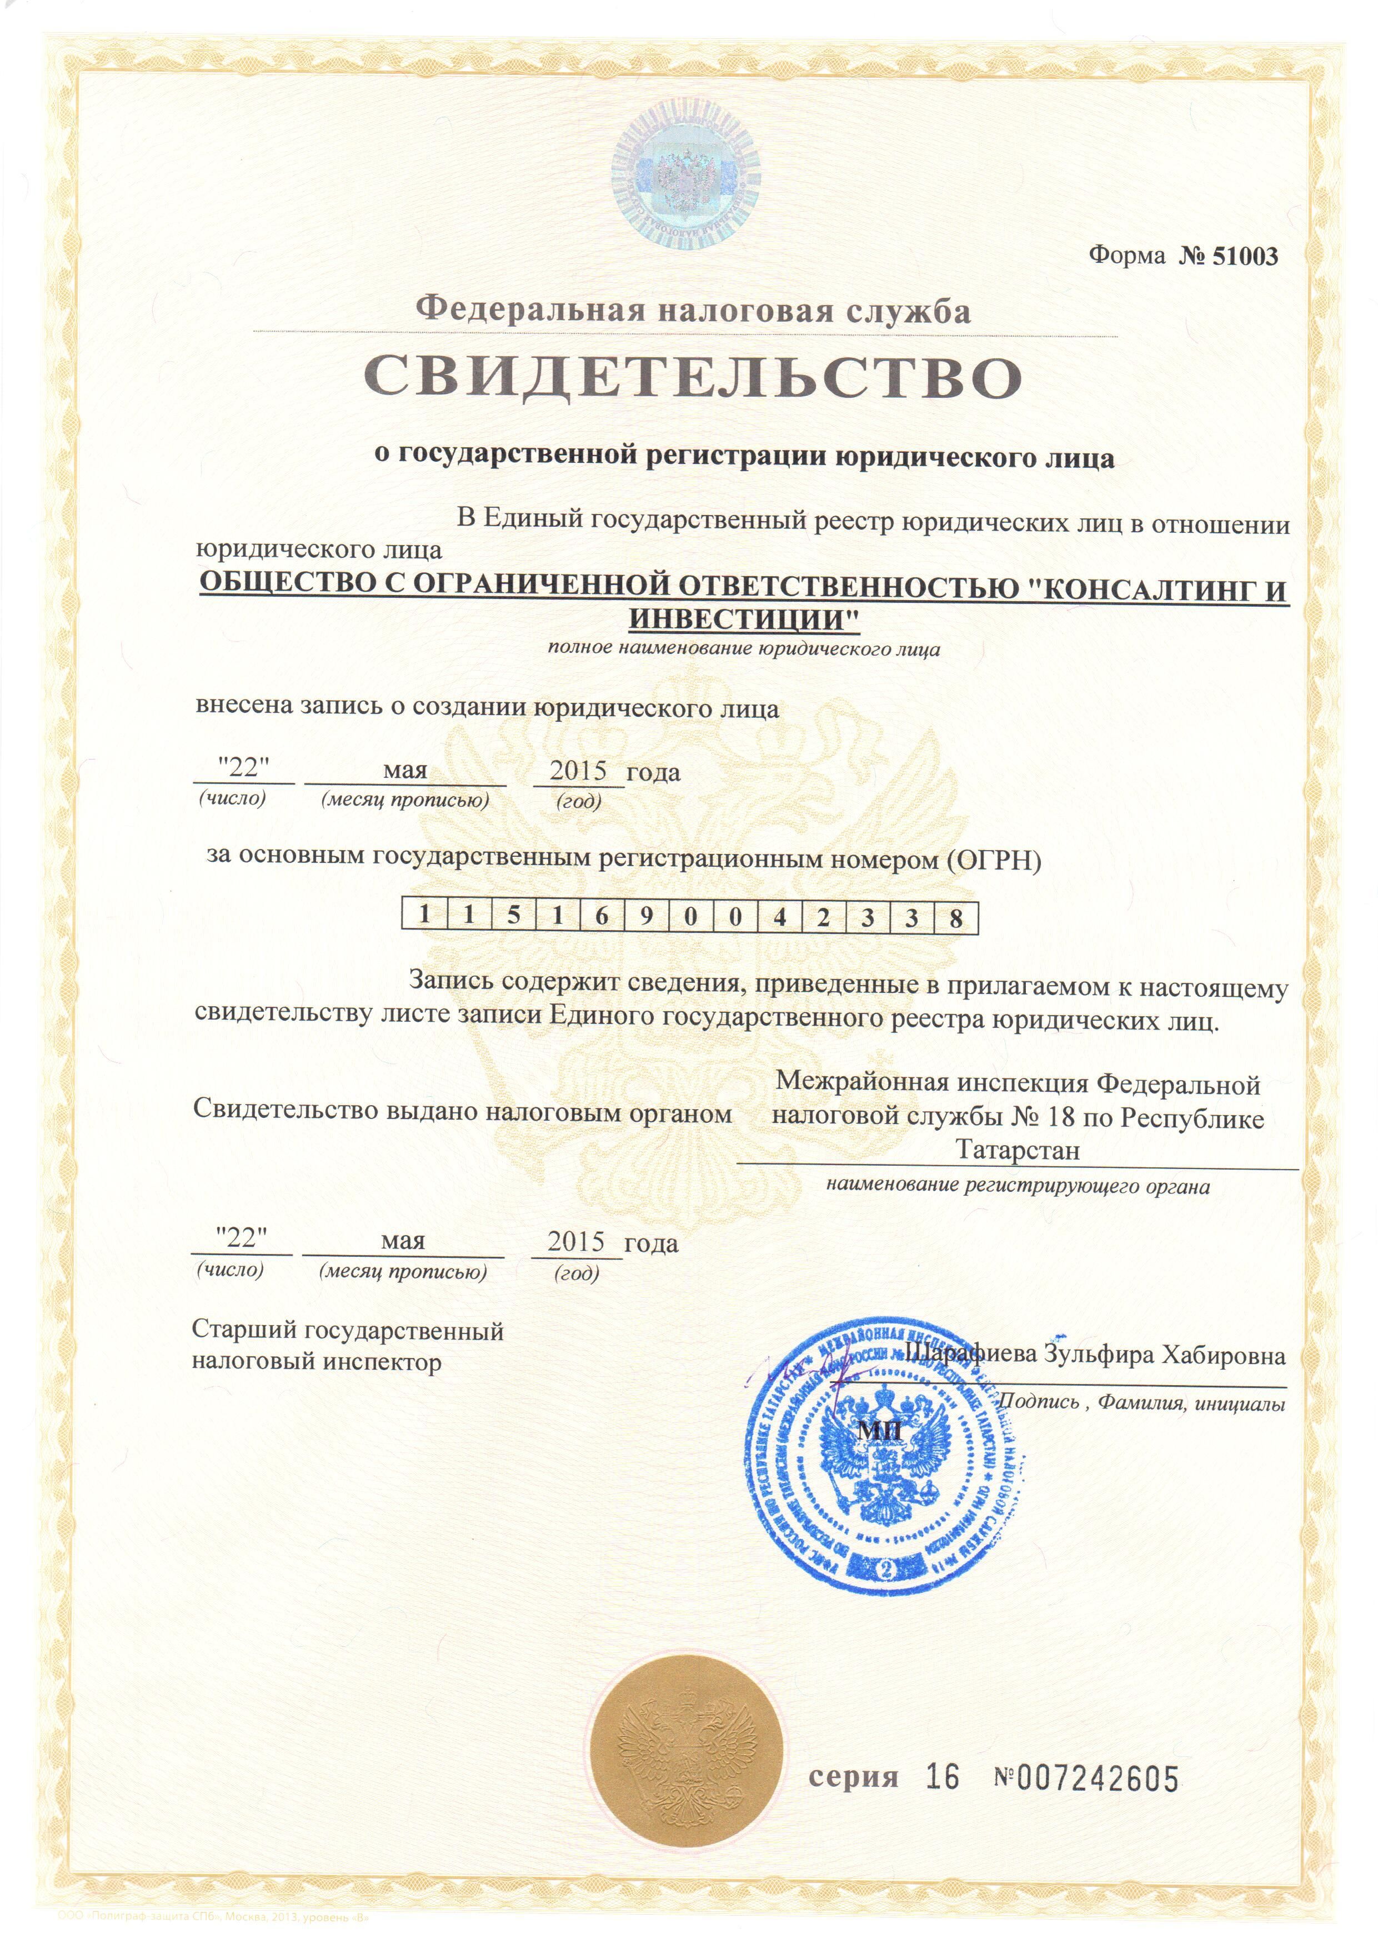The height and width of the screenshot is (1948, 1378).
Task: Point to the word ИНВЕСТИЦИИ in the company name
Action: (743, 620)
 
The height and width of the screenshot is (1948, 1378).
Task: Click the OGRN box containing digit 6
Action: (601, 917)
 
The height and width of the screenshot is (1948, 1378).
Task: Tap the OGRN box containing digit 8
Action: (955, 917)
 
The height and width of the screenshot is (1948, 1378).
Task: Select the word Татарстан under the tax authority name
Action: (1018, 1150)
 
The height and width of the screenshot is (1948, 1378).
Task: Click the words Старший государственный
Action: (348, 1330)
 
